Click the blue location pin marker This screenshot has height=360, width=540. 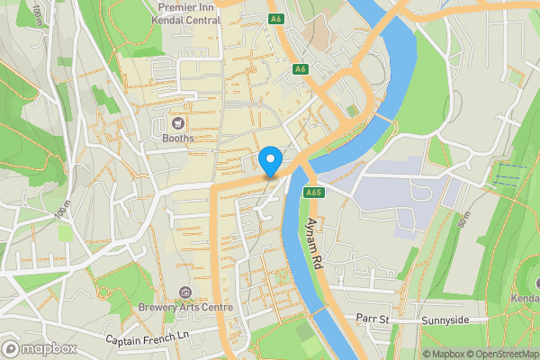coord(270,162)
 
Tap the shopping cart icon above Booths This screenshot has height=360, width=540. coord(177,122)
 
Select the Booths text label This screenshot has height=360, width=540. coord(177,139)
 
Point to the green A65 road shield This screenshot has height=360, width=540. coord(313,192)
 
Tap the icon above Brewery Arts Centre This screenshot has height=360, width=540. coord(184,292)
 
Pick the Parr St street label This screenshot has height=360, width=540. coord(371,319)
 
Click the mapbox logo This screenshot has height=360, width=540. coord(40,348)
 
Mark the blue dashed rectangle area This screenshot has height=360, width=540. coord(505,174)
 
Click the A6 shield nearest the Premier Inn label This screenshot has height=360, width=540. coord(276,17)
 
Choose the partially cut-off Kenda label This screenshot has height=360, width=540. coord(526,298)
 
